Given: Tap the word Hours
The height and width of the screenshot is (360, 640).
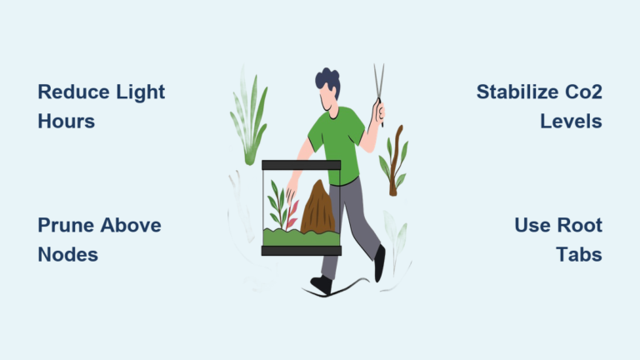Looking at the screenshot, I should point(66,121).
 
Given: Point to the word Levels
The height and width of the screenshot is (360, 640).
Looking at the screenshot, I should point(571,121).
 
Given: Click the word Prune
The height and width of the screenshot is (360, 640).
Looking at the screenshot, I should point(63,225).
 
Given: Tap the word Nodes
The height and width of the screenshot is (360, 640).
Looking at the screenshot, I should point(67,254).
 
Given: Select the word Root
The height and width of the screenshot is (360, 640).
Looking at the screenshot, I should point(580,225).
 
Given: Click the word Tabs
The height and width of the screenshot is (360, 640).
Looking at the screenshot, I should point(579,254).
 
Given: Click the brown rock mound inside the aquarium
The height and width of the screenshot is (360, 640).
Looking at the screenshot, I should point(317,208).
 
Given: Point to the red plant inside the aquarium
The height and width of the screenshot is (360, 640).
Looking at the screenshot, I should point(292,213).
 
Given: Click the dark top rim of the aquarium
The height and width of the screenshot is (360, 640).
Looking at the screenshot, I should point(301,165).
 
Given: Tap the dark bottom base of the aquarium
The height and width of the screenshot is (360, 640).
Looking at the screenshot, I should point(301,250).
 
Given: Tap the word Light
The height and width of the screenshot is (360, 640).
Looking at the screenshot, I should point(139,92).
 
